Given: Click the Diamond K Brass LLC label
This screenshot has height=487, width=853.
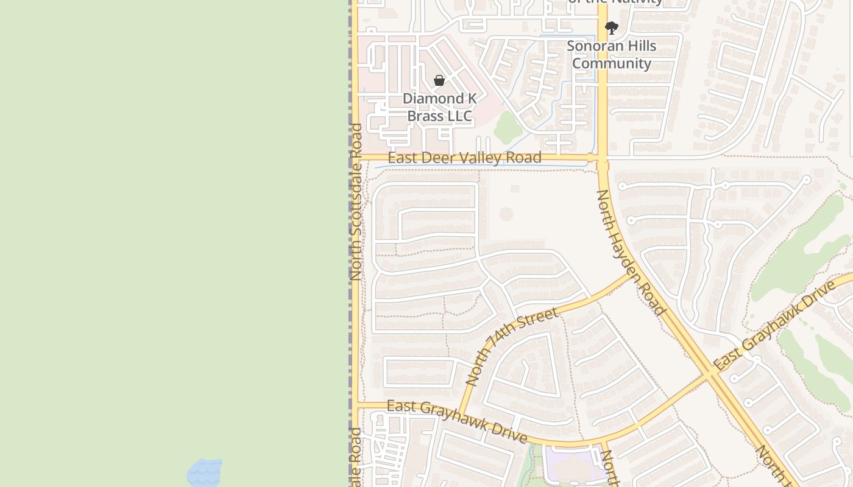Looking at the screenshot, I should tap(439, 107).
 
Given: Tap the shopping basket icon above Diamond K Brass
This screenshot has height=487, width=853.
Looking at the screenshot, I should tap(439, 80).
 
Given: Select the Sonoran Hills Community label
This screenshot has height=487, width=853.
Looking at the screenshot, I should tap(612, 55).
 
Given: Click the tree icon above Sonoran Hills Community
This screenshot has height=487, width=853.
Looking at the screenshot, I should tap(612, 28).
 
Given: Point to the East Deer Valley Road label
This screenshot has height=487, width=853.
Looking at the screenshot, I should tap(464, 158).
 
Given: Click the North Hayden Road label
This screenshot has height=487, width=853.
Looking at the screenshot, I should tap(630, 252).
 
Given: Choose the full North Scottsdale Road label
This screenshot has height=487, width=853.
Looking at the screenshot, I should tap(356, 201).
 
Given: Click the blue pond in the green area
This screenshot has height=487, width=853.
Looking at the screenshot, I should tap(204, 472).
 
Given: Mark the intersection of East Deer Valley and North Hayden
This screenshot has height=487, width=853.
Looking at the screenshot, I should tap(602, 159).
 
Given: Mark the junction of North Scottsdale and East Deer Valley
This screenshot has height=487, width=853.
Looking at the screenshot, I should tap(355, 157).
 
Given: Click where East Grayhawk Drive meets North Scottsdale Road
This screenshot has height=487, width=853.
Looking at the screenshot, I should tap(355, 405).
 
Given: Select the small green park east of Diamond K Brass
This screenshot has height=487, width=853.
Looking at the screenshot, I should tap(508, 127).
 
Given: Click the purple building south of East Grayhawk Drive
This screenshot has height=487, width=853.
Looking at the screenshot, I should tap(570, 466).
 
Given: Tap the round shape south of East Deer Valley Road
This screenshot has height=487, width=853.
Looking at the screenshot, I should tap(506, 214).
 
